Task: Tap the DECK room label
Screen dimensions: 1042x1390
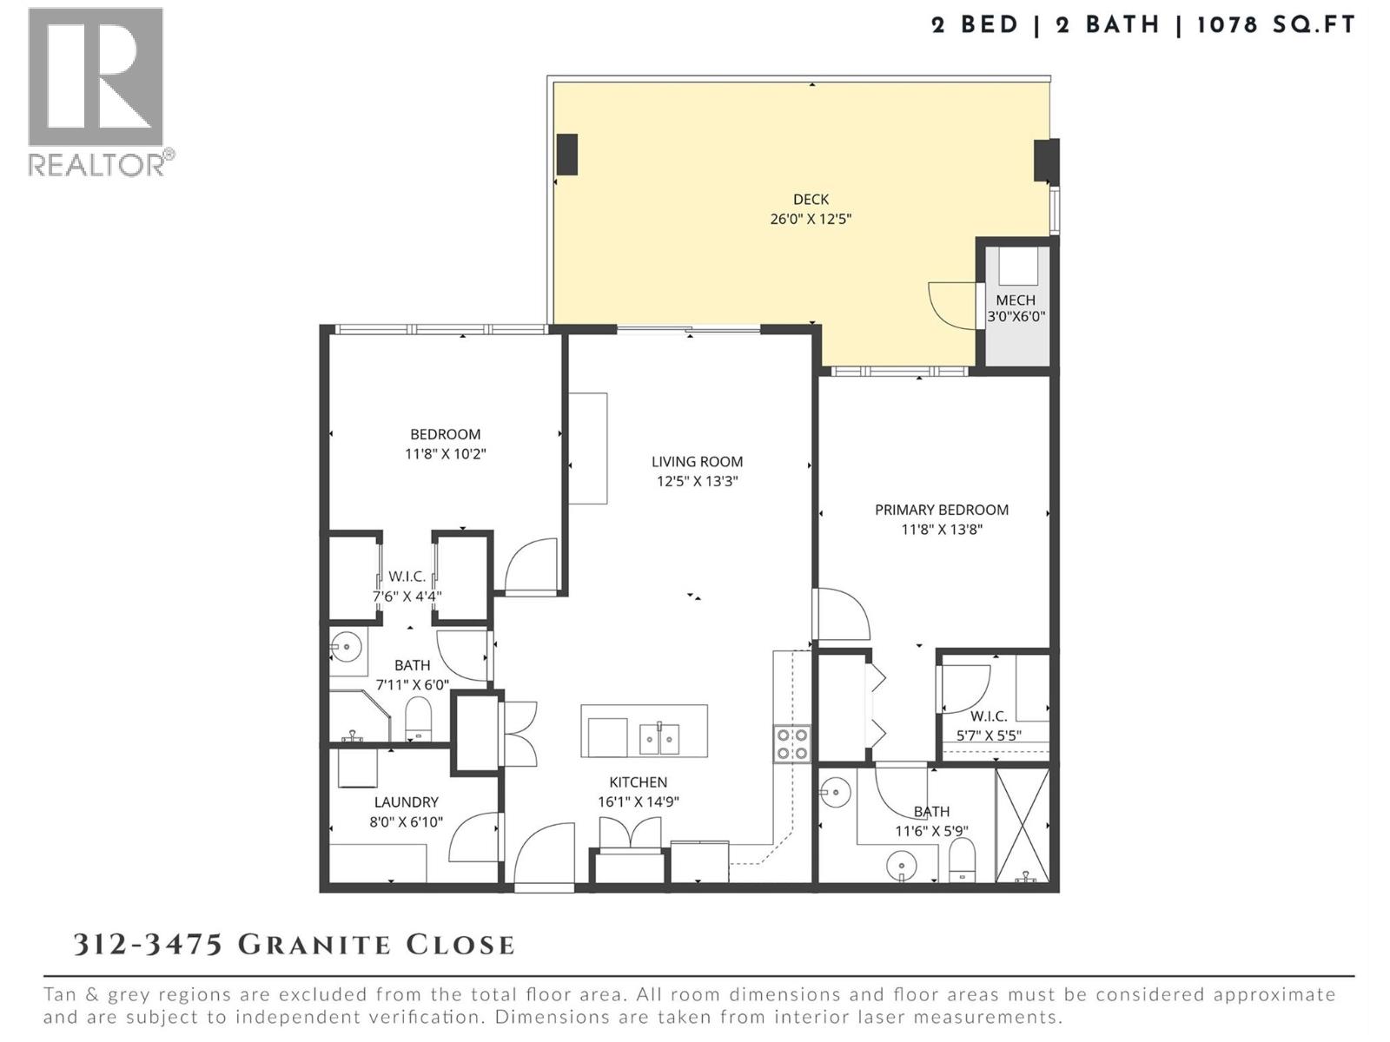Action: point(810,200)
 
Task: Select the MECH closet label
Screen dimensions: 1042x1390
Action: point(1015,300)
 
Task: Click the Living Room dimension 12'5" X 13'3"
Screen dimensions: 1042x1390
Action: point(697,481)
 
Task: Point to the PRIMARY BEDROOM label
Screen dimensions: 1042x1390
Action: point(941,510)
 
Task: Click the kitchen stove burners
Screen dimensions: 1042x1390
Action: point(791,744)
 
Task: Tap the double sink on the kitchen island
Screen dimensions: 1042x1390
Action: point(660,738)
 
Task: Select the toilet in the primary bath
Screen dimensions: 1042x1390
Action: point(962,862)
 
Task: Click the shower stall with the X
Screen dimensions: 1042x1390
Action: point(1022,825)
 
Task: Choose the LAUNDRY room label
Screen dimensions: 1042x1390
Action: point(406,802)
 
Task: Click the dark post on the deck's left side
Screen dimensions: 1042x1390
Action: point(566,155)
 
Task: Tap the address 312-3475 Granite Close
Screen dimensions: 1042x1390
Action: point(294,945)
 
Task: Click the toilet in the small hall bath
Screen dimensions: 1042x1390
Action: point(418,719)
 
